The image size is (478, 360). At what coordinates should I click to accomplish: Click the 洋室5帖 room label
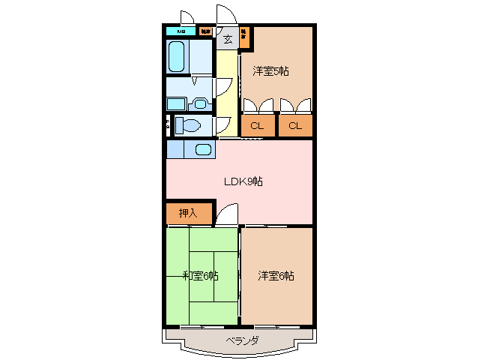point(270,71)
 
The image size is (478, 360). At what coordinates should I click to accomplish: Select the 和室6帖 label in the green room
point(200,275)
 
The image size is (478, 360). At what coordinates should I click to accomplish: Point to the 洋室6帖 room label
point(276,275)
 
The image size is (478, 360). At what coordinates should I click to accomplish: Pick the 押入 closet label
point(188,213)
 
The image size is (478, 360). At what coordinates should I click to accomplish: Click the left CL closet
point(257,125)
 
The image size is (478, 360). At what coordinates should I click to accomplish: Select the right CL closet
point(295,125)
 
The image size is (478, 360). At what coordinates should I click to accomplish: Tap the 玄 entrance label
point(227,39)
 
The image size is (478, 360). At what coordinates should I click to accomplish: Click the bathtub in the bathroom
point(177,56)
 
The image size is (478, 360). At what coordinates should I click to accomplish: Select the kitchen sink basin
point(203,148)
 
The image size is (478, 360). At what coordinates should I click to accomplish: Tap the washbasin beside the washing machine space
point(200,103)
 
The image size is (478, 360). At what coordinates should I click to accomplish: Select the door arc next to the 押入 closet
point(226,215)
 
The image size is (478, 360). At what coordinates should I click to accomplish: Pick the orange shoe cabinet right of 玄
point(244,36)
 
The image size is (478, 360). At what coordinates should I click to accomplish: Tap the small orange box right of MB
point(205,31)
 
